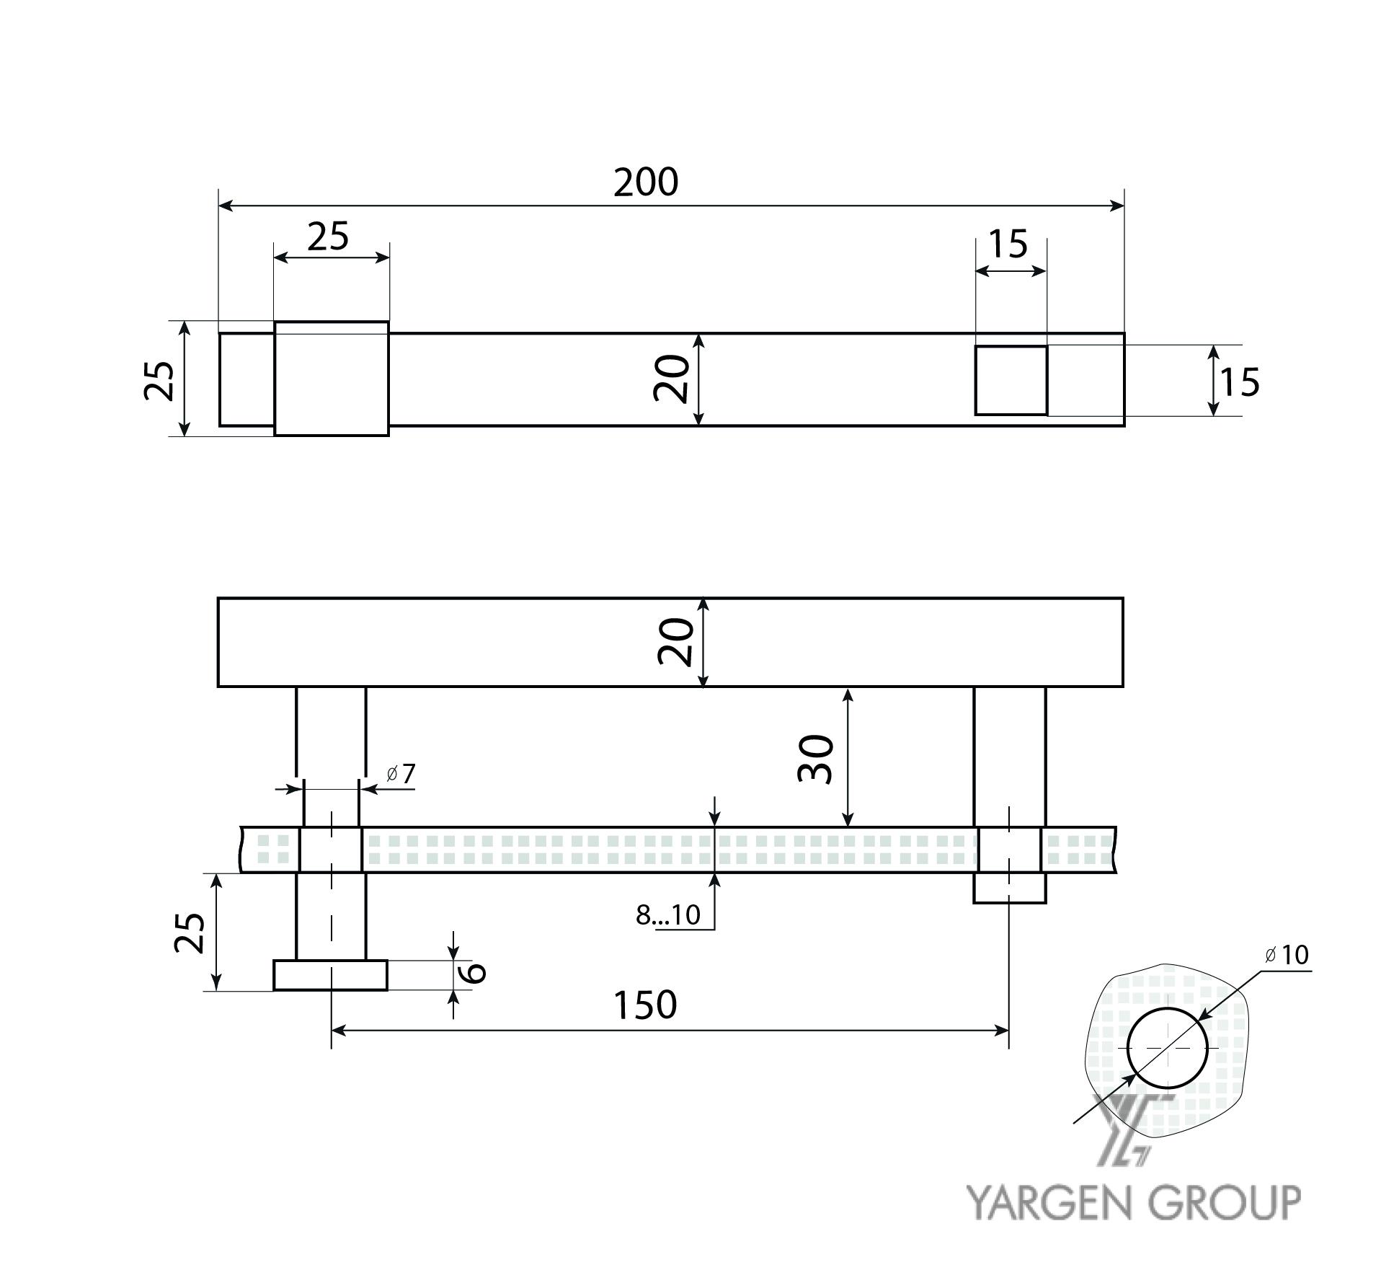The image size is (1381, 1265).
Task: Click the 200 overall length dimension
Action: [646, 182]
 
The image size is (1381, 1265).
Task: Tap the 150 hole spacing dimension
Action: [645, 1005]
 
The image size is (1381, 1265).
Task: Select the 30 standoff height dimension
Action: [816, 759]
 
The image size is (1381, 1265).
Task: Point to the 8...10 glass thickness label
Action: [667, 914]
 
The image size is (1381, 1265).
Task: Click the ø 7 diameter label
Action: [401, 774]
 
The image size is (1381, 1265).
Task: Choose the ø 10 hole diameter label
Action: [1287, 955]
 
